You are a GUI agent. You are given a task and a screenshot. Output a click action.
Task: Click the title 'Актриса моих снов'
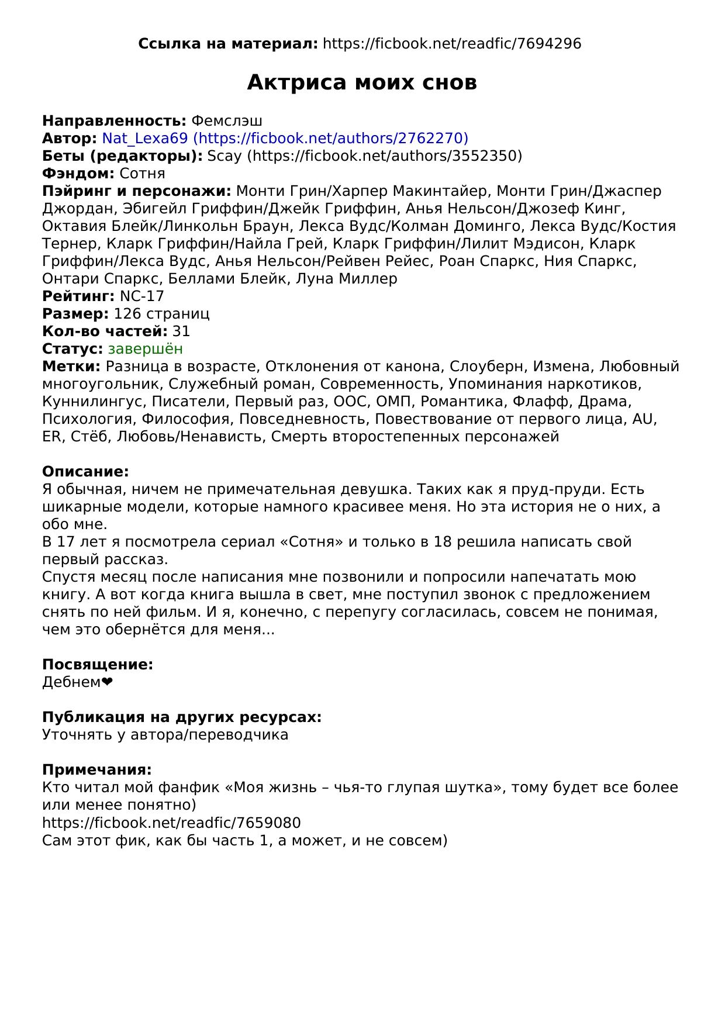[x=362, y=82]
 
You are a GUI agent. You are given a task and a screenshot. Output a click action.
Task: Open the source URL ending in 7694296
[x=451, y=44]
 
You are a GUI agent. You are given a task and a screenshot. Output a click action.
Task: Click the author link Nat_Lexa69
[x=285, y=138]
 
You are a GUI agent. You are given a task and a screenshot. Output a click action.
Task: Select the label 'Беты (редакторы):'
[x=122, y=156]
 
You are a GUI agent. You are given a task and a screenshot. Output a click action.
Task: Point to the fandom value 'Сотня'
[x=142, y=173]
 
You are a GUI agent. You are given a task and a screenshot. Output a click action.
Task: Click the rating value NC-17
[x=141, y=296]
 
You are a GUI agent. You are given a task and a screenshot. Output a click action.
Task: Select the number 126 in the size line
[x=126, y=313]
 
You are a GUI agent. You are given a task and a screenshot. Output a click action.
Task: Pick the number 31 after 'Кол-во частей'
[x=181, y=331]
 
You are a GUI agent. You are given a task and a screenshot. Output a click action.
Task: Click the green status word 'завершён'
[x=145, y=348]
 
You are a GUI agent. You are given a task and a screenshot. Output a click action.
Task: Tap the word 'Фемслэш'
[x=227, y=120]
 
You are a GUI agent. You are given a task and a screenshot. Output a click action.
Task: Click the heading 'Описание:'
[x=85, y=471]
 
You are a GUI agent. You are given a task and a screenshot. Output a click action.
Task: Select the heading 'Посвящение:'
[x=98, y=664]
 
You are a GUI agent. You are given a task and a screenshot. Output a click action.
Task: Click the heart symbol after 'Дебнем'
[x=107, y=682]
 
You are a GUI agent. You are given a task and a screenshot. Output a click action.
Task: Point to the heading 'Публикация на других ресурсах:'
[x=182, y=717]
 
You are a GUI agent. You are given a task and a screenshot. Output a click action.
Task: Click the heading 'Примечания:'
[x=97, y=769]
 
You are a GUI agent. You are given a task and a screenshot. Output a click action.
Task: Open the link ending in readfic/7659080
[x=171, y=823]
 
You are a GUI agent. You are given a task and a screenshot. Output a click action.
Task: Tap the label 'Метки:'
[x=71, y=366]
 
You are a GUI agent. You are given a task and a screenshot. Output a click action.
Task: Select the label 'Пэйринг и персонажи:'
[x=137, y=191]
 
